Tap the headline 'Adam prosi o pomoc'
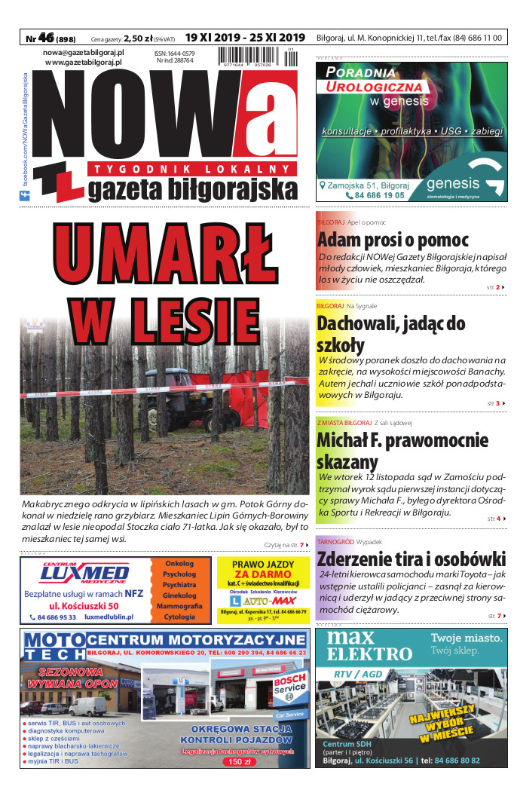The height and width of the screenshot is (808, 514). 393,240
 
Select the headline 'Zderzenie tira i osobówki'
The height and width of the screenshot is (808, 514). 411,559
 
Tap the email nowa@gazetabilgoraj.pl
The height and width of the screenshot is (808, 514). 84,53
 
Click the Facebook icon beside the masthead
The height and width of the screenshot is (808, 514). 23,196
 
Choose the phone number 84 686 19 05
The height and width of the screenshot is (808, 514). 375,195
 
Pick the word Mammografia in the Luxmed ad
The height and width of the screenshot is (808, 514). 179,606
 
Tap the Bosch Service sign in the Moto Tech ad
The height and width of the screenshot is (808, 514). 289,684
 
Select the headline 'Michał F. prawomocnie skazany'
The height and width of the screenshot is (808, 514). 402,451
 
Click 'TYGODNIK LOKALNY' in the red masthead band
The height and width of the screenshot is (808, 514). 188,169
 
